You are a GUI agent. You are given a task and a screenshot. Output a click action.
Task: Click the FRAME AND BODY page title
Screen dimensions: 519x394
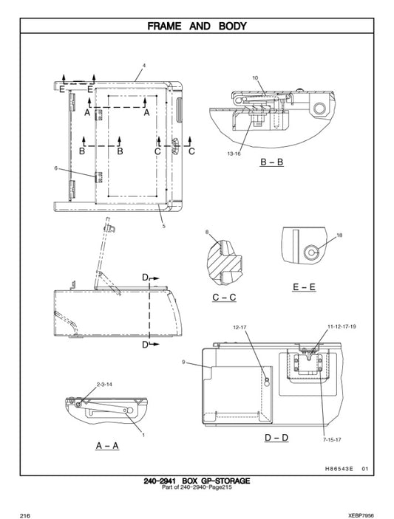tap(197, 26)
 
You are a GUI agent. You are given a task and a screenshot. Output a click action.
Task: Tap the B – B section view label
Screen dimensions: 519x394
tap(271, 163)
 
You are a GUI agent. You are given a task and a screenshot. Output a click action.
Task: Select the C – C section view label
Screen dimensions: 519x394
tap(224, 298)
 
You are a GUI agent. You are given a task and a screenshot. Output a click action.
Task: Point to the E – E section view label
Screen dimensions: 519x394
tap(304, 287)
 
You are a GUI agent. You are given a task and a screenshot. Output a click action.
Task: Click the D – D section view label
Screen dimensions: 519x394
tap(276, 438)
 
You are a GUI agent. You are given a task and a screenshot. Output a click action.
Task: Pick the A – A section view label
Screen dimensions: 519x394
tap(108, 446)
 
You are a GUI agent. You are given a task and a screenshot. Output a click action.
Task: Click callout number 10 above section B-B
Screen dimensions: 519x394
tap(255, 78)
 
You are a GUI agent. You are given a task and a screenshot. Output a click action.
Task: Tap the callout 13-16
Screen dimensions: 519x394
tap(234, 154)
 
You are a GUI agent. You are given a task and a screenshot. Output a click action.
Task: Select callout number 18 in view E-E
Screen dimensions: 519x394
tap(339, 236)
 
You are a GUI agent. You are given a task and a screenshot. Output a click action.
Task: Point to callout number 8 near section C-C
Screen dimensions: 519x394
tap(207, 232)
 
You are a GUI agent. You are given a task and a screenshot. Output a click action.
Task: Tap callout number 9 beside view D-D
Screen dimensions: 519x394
tap(183, 362)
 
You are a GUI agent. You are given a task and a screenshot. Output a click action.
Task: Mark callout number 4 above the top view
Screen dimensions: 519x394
tap(144, 66)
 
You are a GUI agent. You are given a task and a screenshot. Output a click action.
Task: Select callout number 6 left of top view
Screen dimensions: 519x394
tap(55, 168)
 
